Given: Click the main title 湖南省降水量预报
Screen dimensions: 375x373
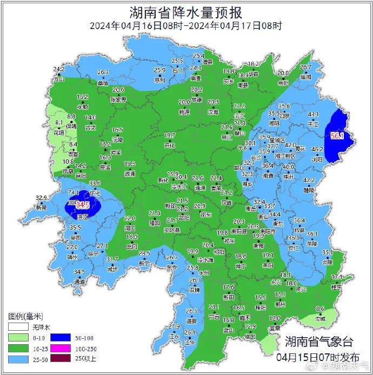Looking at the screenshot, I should (x=186, y=12).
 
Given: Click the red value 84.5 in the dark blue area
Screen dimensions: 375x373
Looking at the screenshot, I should (x=83, y=205).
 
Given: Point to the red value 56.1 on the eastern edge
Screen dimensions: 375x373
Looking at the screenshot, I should (x=338, y=136).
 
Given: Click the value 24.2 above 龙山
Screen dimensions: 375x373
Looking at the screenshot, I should (x=59, y=70).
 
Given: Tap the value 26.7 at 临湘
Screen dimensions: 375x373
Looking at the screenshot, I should (x=306, y=68).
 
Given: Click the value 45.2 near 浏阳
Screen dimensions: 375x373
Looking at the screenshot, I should (x=317, y=150).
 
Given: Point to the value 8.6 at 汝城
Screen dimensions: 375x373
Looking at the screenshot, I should (x=320, y=309).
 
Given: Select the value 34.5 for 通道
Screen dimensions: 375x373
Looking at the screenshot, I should (x=79, y=272).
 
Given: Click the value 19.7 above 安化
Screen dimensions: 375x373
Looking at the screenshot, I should (x=170, y=135).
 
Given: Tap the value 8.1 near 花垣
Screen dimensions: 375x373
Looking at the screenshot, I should (x=59, y=123).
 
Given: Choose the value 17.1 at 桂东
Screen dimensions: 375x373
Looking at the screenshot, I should (x=337, y=277).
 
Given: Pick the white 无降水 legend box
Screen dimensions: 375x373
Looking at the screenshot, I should (x=17, y=327).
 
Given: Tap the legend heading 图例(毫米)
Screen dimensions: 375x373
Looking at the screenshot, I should (x=25, y=316).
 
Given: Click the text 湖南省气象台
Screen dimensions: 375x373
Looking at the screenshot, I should (x=319, y=341).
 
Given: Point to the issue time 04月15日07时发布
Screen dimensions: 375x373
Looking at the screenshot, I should (x=318, y=357).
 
